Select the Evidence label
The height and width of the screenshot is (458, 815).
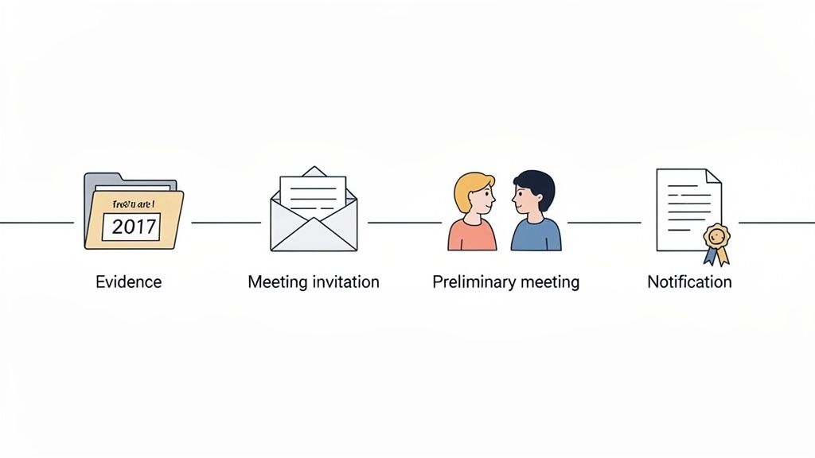[x=128, y=281]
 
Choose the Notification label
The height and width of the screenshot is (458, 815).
[x=689, y=281]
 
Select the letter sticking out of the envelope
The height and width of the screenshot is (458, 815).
[x=314, y=192]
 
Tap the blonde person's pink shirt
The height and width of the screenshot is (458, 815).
[x=471, y=235]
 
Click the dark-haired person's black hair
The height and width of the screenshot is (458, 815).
[x=535, y=182]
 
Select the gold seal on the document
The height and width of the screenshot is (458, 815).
[x=716, y=235]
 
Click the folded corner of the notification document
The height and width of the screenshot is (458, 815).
[x=712, y=176]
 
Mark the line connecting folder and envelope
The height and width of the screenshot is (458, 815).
[x=226, y=223]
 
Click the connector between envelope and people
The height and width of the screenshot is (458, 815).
[x=404, y=223]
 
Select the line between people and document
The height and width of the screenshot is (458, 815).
[x=603, y=223]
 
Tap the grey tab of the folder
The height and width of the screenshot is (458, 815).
[x=103, y=180]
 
